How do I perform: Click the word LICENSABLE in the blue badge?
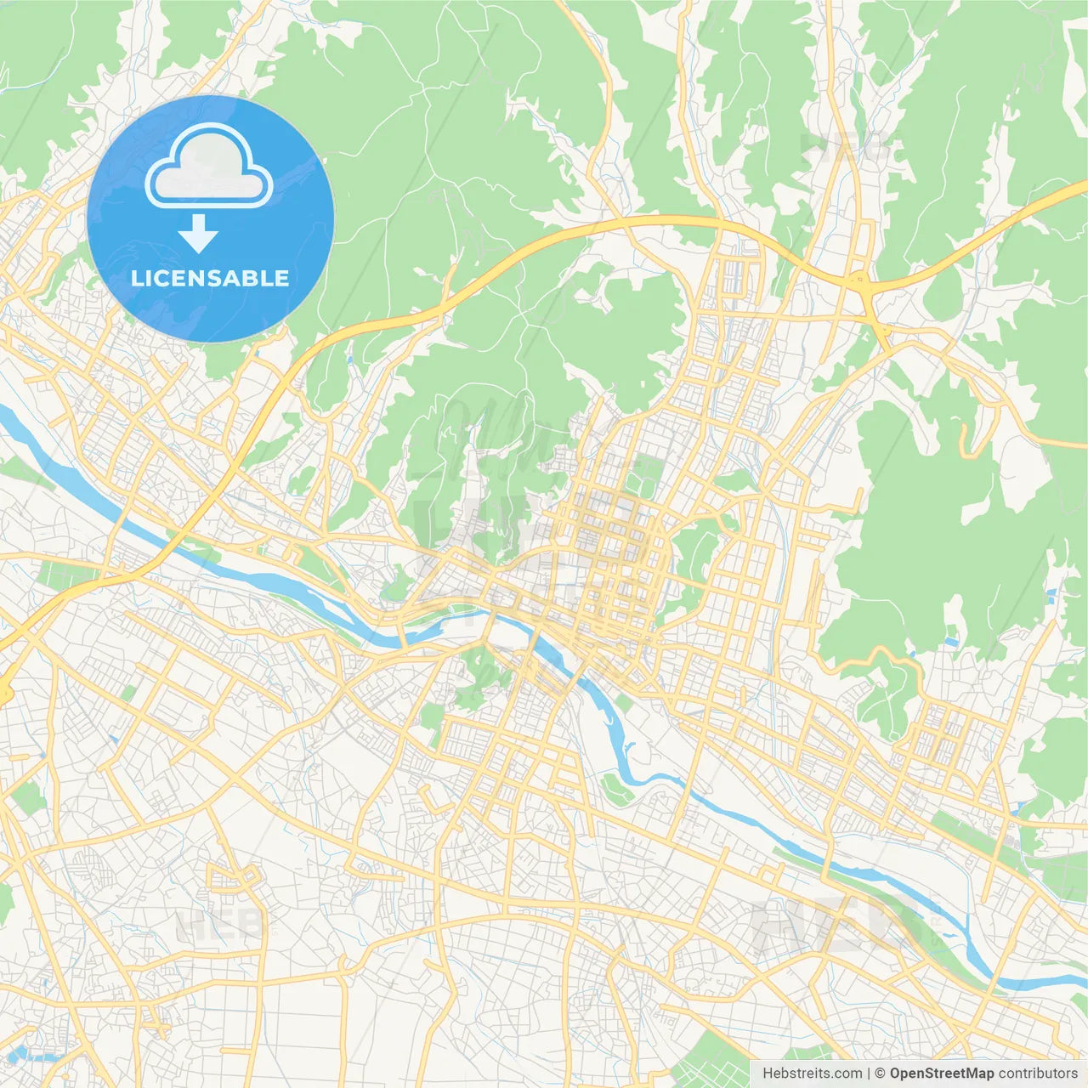pos(210,278)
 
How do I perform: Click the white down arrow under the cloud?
pos(198,235)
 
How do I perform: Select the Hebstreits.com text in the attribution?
pos(812,1074)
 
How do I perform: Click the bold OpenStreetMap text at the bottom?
pos(942,1074)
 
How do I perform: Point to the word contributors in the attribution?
pos(1038,1074)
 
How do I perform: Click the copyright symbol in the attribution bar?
pos(881,1074)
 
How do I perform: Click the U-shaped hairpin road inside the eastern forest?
pos(967,438)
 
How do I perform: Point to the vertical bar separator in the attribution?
pos(868,1074)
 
